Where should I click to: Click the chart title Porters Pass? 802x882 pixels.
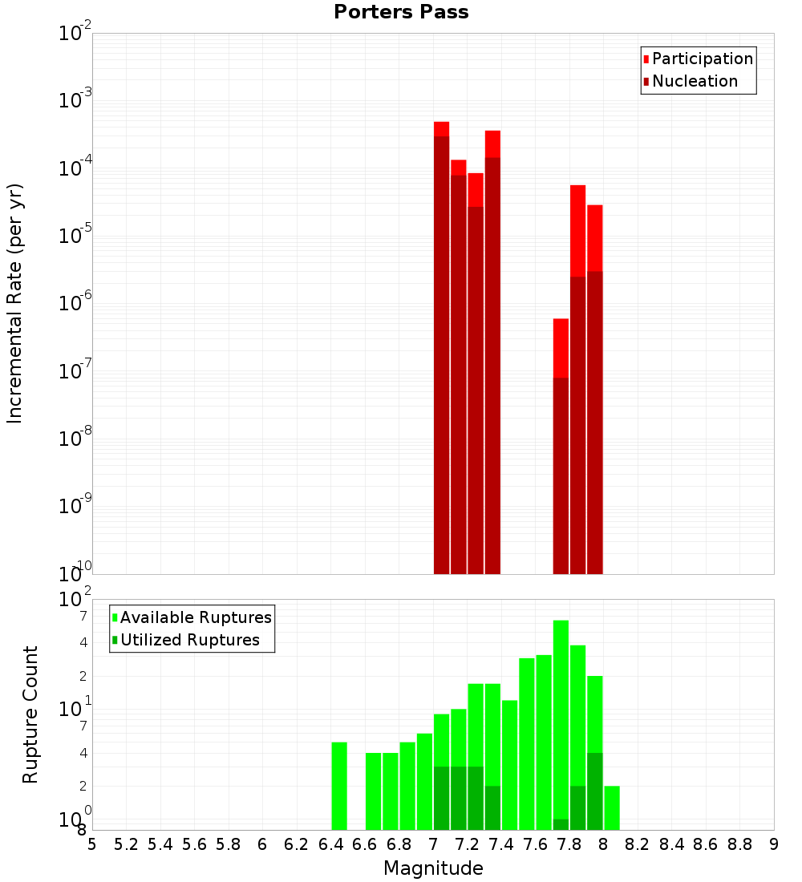[x=401, y=12]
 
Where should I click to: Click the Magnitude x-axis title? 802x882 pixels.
[x=433, y=868]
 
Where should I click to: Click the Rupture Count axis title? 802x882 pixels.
[x=30, y=714]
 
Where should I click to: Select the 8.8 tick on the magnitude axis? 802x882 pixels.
[x=740, y=844]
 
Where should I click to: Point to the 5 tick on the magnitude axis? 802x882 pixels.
[x=92, y=844]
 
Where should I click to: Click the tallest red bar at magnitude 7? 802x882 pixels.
[x=441, y=345]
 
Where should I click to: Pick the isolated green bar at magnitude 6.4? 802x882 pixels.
[x=339, y=786]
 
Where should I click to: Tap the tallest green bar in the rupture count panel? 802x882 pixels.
[x=561, y=722]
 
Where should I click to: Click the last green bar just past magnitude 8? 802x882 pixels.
[x=612, y=808]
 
